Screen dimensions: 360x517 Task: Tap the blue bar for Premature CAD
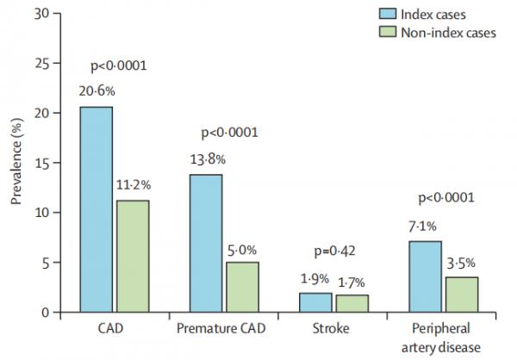(206, 243)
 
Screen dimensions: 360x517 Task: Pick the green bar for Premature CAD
(242, 287)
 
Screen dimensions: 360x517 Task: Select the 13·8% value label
(206, 161)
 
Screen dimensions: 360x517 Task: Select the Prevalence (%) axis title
(16, 164)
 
